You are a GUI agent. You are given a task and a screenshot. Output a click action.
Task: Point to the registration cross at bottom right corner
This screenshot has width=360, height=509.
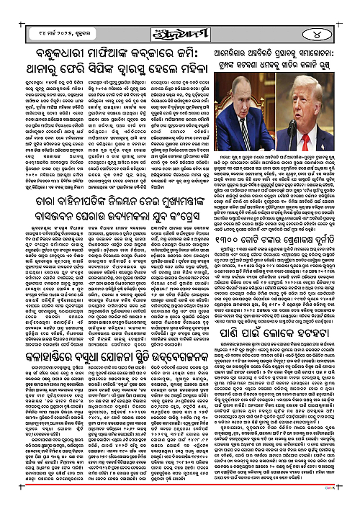coord(354,503)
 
